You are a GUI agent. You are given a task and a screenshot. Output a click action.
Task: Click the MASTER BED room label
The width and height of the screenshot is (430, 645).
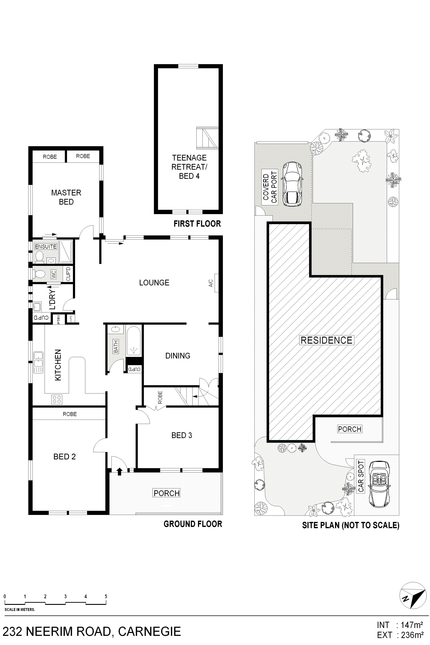66,197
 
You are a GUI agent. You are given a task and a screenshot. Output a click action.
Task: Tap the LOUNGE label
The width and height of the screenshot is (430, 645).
154,282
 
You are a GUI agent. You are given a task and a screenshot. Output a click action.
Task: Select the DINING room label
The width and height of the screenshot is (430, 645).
178,356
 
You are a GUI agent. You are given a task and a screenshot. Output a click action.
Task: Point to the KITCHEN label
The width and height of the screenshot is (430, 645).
58,365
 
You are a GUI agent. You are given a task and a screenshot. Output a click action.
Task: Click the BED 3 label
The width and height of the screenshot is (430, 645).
182,435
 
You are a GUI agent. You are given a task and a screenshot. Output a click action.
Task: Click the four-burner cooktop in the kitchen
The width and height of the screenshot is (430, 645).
57,399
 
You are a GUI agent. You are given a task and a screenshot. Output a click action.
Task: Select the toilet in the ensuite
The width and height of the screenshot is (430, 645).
39,256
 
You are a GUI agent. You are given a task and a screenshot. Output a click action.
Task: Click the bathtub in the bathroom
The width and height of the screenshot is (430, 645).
133,341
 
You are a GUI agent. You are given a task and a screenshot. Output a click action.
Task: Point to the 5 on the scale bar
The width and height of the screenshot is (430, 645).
106,596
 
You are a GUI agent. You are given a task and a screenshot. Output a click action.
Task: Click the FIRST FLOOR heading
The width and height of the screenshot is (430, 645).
197,224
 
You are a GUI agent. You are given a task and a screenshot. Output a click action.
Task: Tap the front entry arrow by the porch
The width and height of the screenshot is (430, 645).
119,471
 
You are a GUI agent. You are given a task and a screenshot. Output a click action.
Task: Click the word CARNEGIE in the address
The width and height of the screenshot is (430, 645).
149,632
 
